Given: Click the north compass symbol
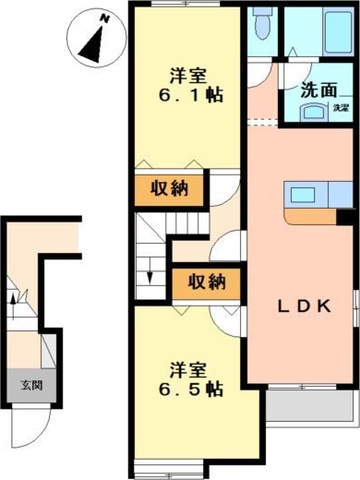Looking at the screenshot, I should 93,39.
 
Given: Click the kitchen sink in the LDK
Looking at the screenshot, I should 302,194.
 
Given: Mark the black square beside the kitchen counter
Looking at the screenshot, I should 345,217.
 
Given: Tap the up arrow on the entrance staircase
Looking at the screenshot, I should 13,298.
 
